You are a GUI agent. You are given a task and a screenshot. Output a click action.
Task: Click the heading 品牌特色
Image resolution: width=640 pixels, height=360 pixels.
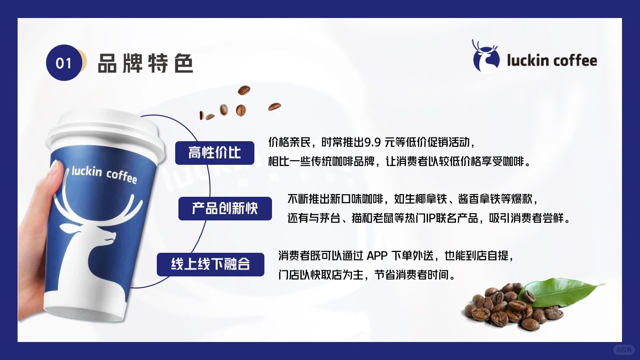(145, 63)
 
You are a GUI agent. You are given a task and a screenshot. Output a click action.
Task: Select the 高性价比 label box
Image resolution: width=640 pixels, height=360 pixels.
(215, 153)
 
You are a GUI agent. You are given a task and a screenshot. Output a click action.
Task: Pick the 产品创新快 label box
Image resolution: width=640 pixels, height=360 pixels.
(225, 208)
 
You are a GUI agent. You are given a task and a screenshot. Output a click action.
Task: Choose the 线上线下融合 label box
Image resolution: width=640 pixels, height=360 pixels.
(210, 264)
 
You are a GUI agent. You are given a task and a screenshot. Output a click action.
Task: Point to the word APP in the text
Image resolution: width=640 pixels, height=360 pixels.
(377, 256)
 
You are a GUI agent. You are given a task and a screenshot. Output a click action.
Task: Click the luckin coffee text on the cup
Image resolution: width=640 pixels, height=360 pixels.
(104, 174)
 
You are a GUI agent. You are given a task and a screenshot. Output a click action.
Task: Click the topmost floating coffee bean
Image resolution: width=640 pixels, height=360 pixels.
(244, 90)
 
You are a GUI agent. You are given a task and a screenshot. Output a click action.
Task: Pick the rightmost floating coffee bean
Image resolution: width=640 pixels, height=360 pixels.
(274, 107)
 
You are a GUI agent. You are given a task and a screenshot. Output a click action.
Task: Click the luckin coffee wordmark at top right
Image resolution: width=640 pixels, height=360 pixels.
(552, 61)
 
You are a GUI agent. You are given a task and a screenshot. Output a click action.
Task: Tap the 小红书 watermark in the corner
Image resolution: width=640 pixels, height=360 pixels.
(624, 350)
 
